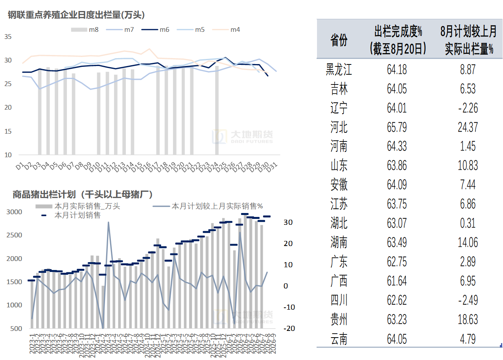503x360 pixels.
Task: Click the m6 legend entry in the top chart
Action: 155,29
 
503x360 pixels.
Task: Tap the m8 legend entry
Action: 85,29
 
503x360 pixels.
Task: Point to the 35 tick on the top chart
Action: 8,37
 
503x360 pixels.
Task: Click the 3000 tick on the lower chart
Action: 14,212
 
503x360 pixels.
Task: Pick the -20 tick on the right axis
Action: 289,328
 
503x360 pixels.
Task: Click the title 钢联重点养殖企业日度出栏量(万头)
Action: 76,15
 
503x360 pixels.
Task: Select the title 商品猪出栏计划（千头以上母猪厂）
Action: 83,195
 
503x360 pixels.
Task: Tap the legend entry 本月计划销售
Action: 71,215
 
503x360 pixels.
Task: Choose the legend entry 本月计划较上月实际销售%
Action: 208,206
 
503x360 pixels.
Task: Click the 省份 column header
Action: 339,40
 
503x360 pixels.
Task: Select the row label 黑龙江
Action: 339,69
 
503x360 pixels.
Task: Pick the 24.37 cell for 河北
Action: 468,127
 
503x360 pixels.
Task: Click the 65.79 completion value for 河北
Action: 397,127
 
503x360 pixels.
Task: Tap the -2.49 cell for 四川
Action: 468,300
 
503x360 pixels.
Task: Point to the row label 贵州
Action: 339,320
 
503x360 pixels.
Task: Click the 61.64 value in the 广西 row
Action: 397,281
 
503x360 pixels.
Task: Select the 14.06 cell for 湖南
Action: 468,242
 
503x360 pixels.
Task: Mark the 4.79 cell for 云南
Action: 468,339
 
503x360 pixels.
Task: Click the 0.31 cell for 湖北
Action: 468,223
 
